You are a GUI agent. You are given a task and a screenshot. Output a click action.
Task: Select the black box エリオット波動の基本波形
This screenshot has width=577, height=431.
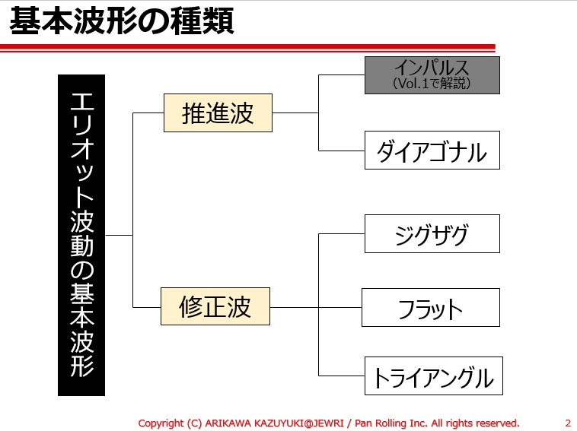[x=81, y=235]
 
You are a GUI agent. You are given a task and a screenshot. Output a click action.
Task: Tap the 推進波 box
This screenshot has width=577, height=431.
[x=218, y=113]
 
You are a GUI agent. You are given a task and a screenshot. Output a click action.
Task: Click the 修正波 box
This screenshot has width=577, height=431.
[x=215, y=307]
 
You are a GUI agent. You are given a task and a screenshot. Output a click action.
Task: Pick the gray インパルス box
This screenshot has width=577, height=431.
[x=432, y=74]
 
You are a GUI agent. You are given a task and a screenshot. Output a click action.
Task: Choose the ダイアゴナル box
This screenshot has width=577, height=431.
[x=432, y=151]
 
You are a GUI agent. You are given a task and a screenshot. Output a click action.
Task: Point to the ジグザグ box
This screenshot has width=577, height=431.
[x=432, y=233]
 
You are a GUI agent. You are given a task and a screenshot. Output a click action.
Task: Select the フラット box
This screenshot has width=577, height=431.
[x=430, y=307]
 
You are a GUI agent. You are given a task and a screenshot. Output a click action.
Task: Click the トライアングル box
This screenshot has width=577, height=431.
[x=432, y=376]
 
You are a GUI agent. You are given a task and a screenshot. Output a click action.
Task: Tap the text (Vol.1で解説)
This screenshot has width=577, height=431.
[x=432, y=84]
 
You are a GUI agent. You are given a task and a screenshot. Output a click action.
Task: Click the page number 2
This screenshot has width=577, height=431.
[x=568, y=423]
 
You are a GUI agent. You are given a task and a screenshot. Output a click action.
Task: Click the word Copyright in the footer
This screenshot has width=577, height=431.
[x=161, y=423]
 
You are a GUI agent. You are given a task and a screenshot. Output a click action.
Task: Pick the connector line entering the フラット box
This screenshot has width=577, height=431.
[x=340, y=307]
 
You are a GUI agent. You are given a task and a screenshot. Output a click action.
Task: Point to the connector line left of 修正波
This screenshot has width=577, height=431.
[x=146, y=307]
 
